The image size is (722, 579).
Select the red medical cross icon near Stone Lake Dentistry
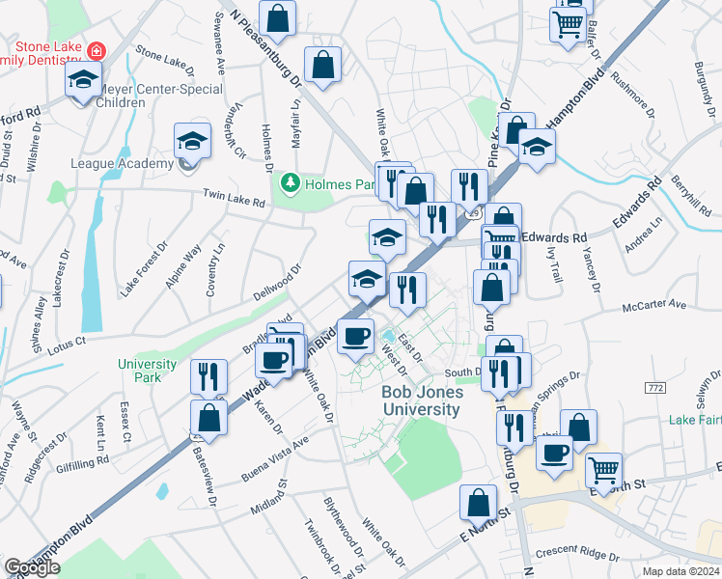pyautogui.click(x=96, y=50)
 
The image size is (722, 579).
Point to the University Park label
pyautogui.click(x=148, y=371)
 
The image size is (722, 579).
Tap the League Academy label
pyautogui.click(x=121, y=163)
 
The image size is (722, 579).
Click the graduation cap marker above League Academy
pyautogui.click(x=192, y=141)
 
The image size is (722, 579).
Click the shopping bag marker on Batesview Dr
pyautogui.click(x=208, y=418)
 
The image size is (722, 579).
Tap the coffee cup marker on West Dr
pyautogui.click(x=356, y=336)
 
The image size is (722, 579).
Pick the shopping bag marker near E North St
pyautogui.click(x=478, y=502)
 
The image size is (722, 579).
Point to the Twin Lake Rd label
pyautogui.click(x=234, y=199)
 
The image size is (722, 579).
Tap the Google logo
pyautogui.click(x=32, y=567)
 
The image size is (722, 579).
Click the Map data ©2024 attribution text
pyautogui.click(x=681, y=571)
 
